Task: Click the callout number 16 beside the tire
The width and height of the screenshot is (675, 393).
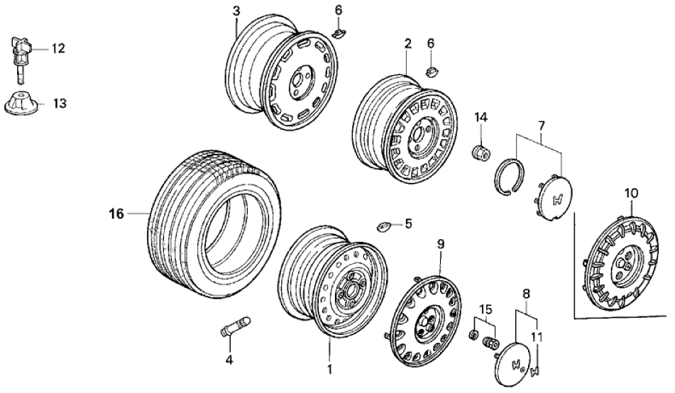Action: (x=116, y=212)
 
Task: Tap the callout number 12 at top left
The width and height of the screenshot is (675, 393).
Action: (x=57, y=48)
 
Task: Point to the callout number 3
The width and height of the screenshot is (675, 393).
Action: (x=236, y=11)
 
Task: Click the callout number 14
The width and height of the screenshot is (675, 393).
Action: (x=481, y=116)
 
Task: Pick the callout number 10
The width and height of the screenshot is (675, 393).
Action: (x=631, y=192)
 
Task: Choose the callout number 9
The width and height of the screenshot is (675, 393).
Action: (x=440, y=244)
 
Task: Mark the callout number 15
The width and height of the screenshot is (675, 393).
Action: (x=485, y=310)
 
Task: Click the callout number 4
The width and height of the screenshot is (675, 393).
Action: (x=229, y=360)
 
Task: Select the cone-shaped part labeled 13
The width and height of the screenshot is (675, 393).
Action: (x=23, y=104)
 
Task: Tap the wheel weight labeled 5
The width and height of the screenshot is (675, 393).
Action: (x=383, y=226)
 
